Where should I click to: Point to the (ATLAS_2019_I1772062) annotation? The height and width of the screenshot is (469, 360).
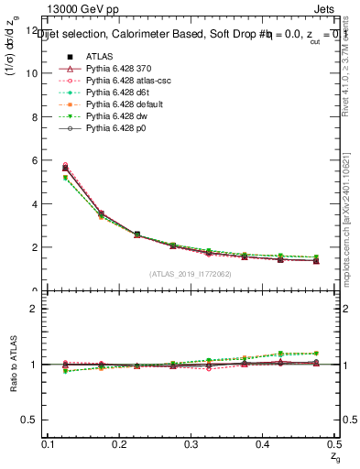point(191,274)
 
